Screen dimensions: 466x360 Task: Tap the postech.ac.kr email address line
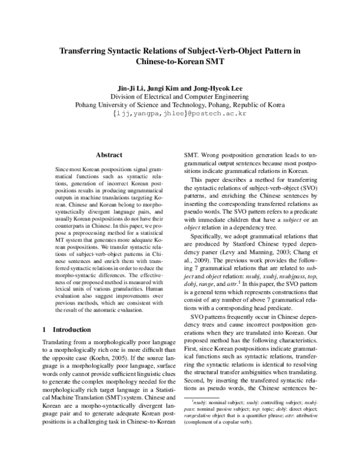[180, 112]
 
